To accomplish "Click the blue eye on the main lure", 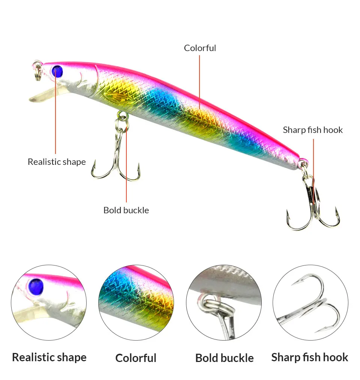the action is pos(57,71).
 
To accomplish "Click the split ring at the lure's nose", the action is pos(37,71).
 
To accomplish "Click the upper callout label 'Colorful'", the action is pos(200,48).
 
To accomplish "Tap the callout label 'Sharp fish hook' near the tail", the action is pos(313,130).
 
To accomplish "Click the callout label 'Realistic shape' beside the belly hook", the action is pos(57,161).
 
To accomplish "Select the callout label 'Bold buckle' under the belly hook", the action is pos(126,210).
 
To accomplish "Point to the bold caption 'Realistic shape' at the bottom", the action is pos(49,357).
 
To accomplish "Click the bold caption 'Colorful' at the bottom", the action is pos(136,358).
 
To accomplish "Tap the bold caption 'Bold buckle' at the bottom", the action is pos(224,358).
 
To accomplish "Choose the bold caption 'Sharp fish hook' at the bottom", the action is pos(310,357).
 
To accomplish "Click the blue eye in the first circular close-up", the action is pos(36,287).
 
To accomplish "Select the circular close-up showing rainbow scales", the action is pos(136,302).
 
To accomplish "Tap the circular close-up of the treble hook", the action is pos(310,302).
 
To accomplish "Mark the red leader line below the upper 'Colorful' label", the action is pos(199,82).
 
